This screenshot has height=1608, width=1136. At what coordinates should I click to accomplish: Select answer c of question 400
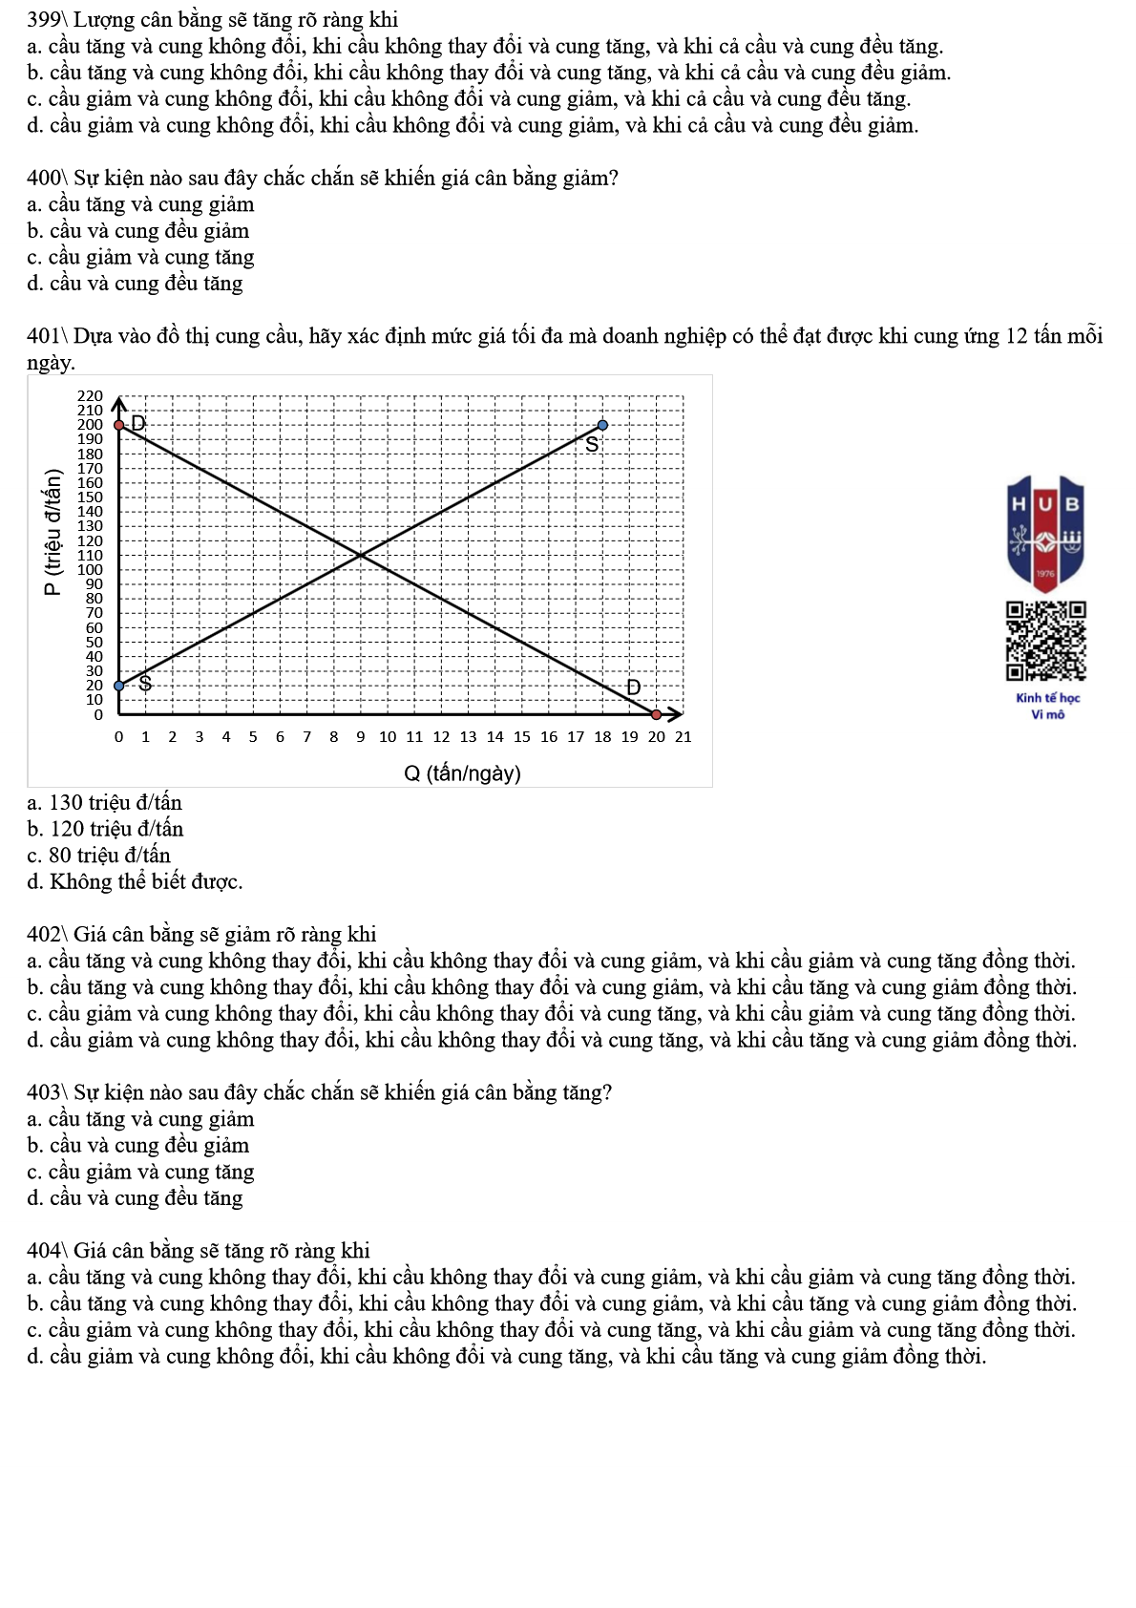point(140,258)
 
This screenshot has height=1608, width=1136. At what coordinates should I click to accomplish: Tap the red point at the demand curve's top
point(119,425)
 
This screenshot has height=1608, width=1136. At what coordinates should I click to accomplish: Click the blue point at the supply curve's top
point(602,425)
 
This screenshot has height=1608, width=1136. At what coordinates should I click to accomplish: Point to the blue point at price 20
point(119,686)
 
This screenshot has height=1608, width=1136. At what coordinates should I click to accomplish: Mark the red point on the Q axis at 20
point(656,714)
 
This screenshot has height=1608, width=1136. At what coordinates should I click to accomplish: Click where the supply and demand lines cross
point(361,555)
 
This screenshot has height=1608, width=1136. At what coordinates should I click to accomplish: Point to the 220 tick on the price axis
point(90,396)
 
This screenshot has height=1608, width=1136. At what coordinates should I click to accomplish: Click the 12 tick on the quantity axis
point(441,737)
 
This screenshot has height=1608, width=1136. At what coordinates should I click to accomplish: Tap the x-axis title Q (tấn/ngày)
point(462,773)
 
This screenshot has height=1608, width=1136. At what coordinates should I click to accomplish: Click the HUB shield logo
point(1045,534)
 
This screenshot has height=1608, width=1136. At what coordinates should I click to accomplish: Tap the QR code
point(1045,641)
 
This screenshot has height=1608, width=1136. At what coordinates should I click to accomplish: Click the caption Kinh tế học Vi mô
point(1047,707)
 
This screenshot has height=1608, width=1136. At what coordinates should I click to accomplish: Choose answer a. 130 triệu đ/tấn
point(105,803)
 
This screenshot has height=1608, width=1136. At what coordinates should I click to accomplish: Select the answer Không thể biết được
point(135,882)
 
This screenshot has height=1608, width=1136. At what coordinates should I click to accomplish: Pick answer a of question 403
point(140,1119)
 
